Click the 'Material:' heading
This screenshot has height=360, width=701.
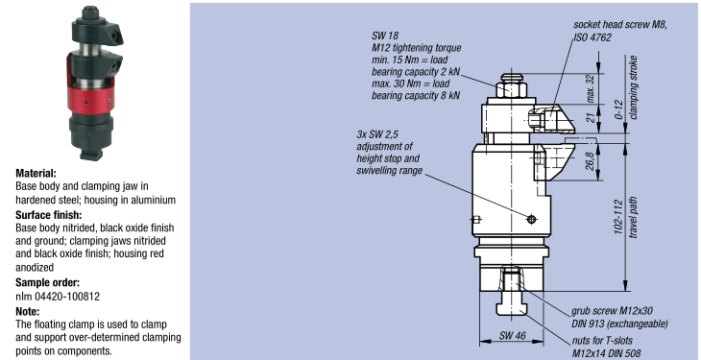click(x=36, y=173)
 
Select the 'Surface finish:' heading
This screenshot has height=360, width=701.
click(x=49, y=215)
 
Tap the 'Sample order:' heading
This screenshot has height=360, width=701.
click(x=47, y=282)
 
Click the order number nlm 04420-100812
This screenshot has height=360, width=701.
click(x=58, y=296)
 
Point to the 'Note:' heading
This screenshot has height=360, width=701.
click(x=28, y=311)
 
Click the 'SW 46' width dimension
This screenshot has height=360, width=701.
click(x=513, y=335)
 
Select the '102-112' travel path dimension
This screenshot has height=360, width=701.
click(x=618, y=216)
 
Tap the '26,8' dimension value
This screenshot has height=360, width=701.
click(x=591, y=161)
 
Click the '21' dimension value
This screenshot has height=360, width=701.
click(x=591, y=118)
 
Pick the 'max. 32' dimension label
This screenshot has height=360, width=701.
click(x=591, y=88)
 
